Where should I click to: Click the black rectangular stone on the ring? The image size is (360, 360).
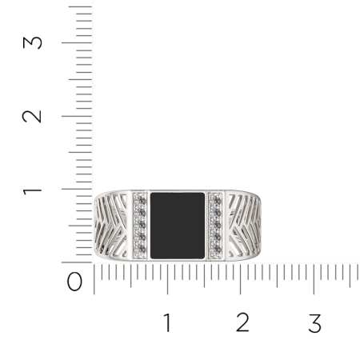coord(178,226)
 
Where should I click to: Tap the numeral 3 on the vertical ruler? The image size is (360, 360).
coord(32,42)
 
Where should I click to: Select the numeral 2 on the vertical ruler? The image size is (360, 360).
coord(32,116)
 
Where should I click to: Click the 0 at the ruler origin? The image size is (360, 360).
coord(74,282)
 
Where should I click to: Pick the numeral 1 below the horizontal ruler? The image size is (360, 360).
coord(167,322)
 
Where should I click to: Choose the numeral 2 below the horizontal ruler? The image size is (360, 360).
coord(242,322)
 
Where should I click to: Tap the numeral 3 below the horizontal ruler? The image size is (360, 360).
coord(315,323)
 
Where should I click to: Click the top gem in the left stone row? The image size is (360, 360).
coord(142,201)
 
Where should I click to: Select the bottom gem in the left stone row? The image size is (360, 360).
coord(142,250)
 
